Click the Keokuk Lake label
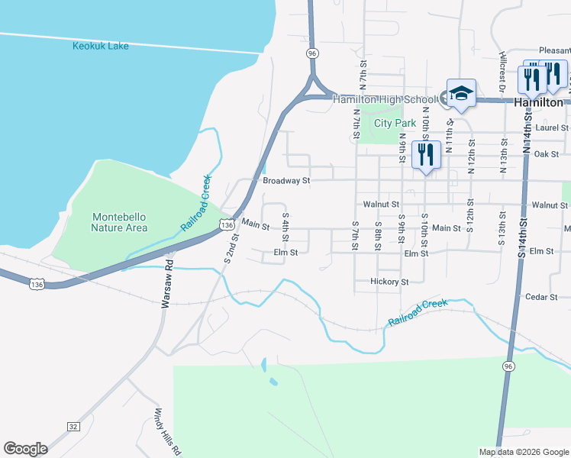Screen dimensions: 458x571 [101, 46]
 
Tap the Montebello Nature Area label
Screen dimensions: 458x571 [119, 222]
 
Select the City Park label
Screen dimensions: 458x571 [395, 123]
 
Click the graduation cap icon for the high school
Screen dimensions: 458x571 [461, 94]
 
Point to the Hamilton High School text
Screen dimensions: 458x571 [385, 99]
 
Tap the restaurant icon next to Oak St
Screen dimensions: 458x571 [425, 155]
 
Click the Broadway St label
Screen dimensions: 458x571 [286, 182]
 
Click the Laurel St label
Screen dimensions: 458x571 [550, 129]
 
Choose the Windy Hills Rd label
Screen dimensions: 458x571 [168, 431]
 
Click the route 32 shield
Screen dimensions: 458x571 [73, 426]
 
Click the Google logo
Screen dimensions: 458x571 [25, 449]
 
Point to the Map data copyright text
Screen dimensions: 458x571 [523, 452]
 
